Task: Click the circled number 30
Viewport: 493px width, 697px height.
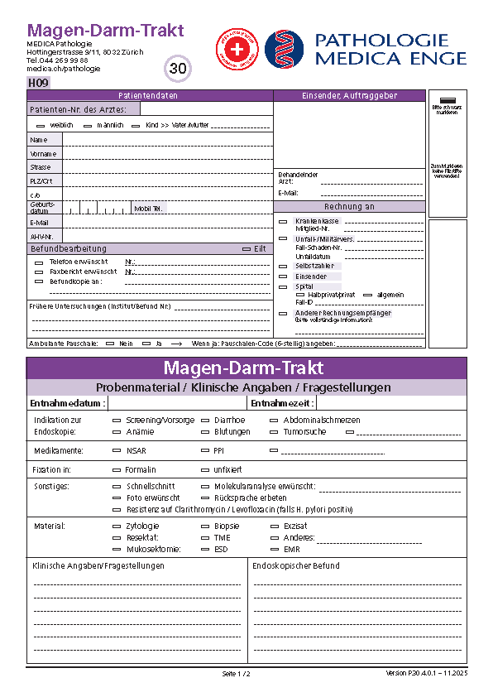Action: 178,69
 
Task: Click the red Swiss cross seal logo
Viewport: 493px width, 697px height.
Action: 237,49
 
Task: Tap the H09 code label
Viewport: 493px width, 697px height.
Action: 38,83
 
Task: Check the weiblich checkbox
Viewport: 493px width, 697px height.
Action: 41,126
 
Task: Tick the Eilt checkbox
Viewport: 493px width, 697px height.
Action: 247,249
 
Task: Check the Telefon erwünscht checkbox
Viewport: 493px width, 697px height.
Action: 39,262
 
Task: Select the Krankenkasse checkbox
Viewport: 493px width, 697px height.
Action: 283,222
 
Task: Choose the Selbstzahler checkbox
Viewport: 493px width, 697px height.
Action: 283,266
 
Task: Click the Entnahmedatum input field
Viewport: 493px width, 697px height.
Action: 177,403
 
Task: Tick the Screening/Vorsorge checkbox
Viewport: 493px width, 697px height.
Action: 117,421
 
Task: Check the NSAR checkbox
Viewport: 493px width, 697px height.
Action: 117,451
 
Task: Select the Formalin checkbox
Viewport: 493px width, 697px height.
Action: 117,470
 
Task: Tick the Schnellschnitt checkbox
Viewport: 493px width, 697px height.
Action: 117,487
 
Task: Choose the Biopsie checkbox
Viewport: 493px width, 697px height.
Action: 206,526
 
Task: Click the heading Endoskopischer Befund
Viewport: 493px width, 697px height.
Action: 296,566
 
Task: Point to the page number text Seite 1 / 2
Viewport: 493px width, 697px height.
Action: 236,674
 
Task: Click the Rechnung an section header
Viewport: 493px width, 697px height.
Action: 349,207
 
